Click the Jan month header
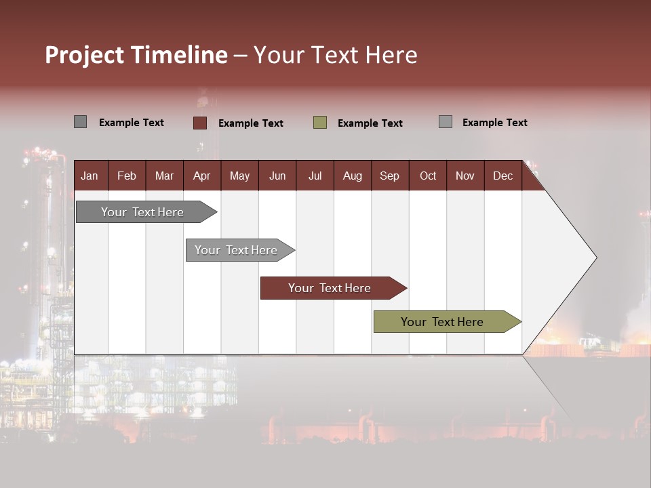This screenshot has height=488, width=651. [90, 176]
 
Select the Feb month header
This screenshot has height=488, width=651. [127, 176]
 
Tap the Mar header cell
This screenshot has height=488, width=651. [164, 176]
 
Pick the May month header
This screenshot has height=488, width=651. [239, 176]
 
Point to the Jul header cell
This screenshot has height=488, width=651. [315, 176]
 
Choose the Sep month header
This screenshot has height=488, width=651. [389, 176]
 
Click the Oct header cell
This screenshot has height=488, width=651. [428, 176]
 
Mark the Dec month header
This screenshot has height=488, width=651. [502, 176]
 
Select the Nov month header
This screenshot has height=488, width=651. [465, 176]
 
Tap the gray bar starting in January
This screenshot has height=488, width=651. [143, 212]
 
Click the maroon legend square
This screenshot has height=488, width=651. [199, 123]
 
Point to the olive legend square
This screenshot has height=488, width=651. [320, 123]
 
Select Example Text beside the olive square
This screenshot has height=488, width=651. [370, 123]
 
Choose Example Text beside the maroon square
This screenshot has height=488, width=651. [250, 123]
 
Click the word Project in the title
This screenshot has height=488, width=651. [85, 55]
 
